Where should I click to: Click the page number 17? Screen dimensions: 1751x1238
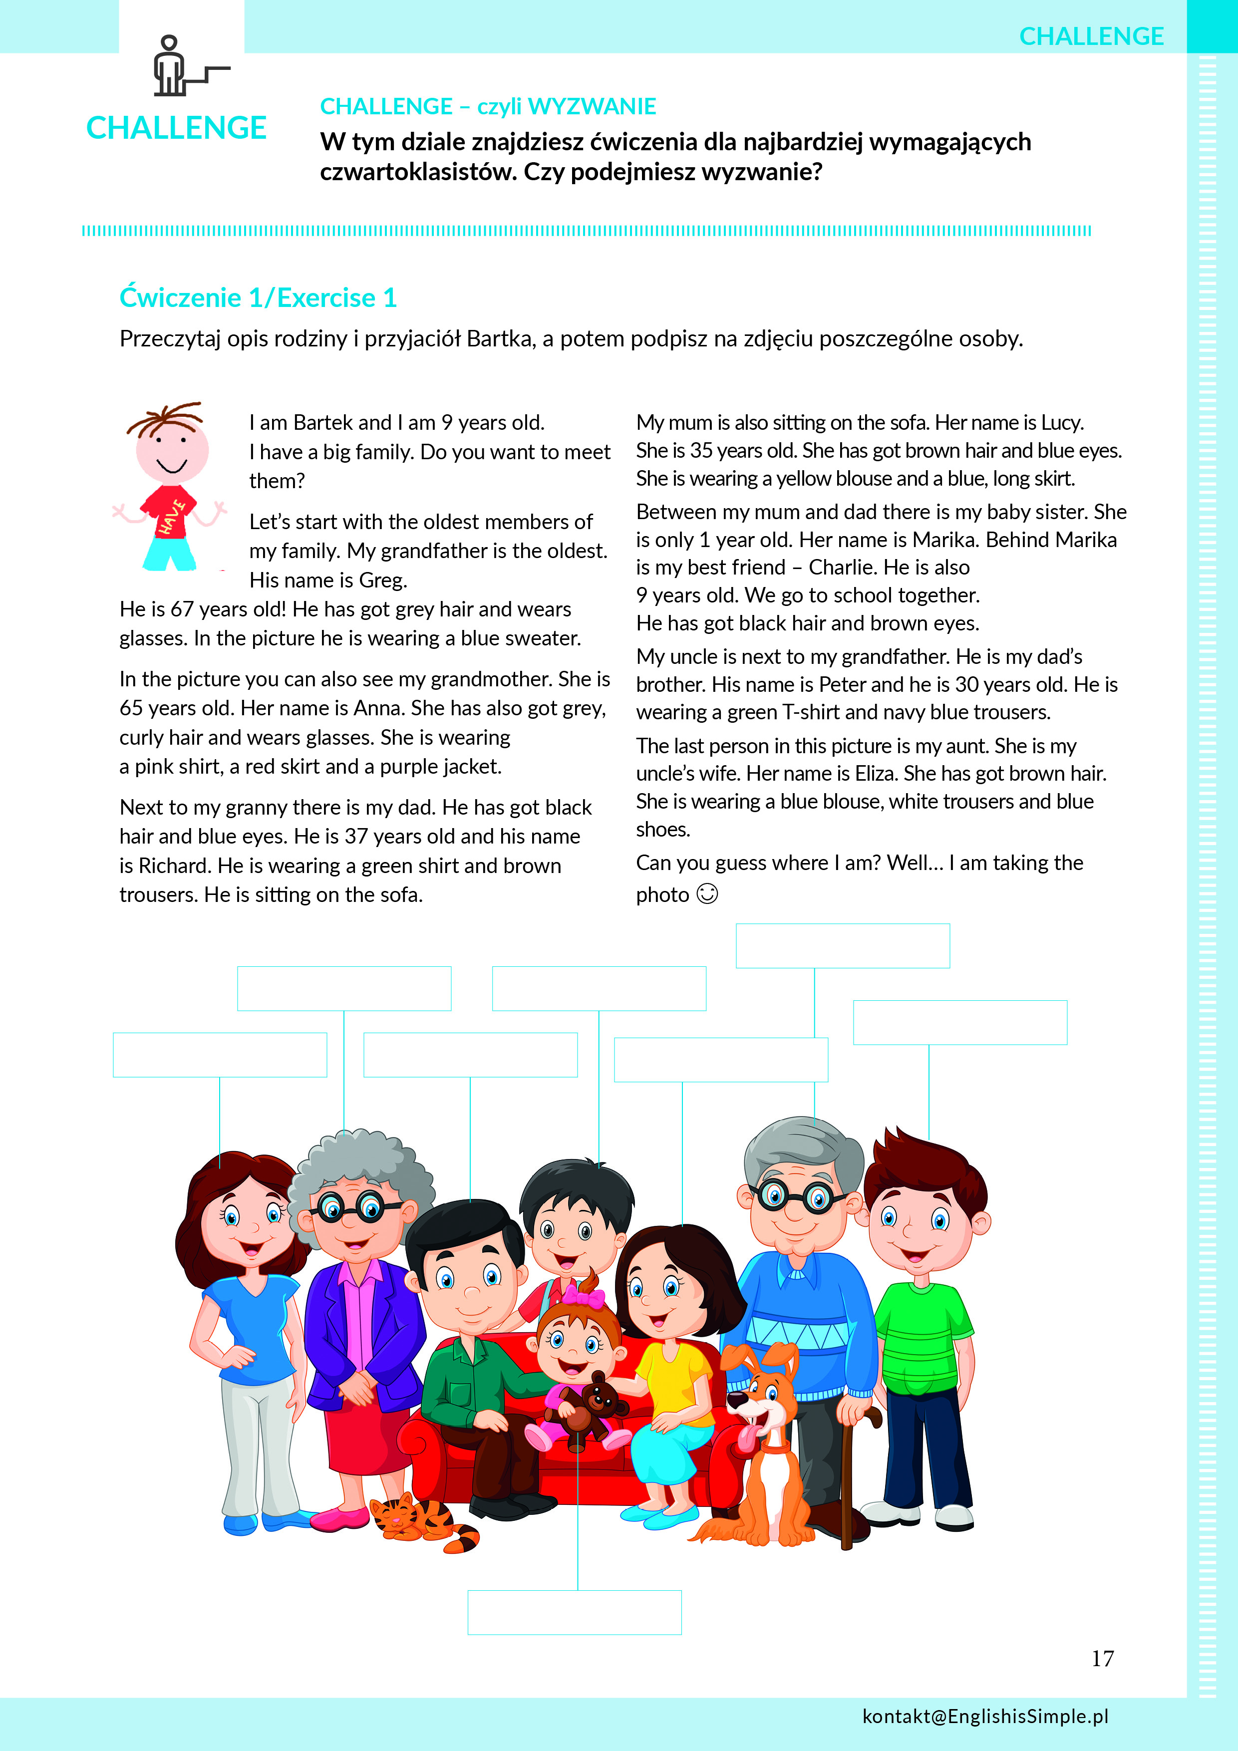(1102, 1659)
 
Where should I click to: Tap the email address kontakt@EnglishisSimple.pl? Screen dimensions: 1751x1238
(985, 1716)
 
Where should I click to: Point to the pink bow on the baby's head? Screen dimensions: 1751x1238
(584, 1295)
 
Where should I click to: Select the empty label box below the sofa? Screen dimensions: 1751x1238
(575, 1612)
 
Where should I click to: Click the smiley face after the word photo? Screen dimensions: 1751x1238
(707, 894)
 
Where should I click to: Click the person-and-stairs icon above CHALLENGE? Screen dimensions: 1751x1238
(183, 67)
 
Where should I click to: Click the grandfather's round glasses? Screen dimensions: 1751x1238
(796, 1196)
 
